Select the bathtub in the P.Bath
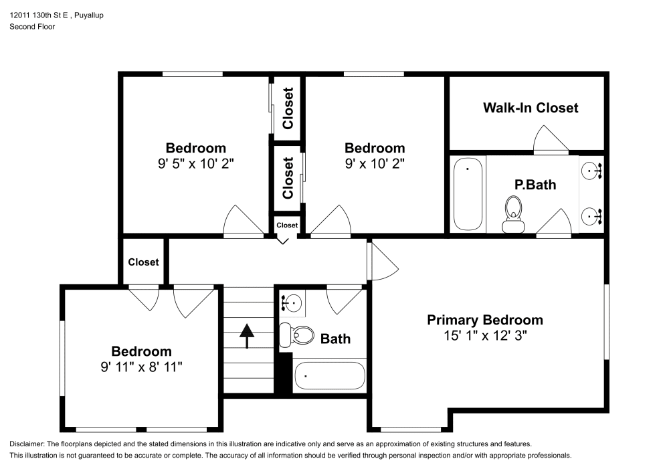coord(468,194)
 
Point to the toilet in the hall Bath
coord(297,333)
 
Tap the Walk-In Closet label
coord(531,108)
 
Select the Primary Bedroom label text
coord(485,320)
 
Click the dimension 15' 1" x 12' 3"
coord(485,336)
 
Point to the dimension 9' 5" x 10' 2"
coord(196,163)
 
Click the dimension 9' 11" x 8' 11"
coord(141,367)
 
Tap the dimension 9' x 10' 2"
coord(375,163)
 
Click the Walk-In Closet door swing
coord(550,140)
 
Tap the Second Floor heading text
coord(32,27)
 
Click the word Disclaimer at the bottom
coord(27,444)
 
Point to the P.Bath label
coord(535,185)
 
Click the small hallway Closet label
coord(287,225)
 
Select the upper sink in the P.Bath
coord(591,171)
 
